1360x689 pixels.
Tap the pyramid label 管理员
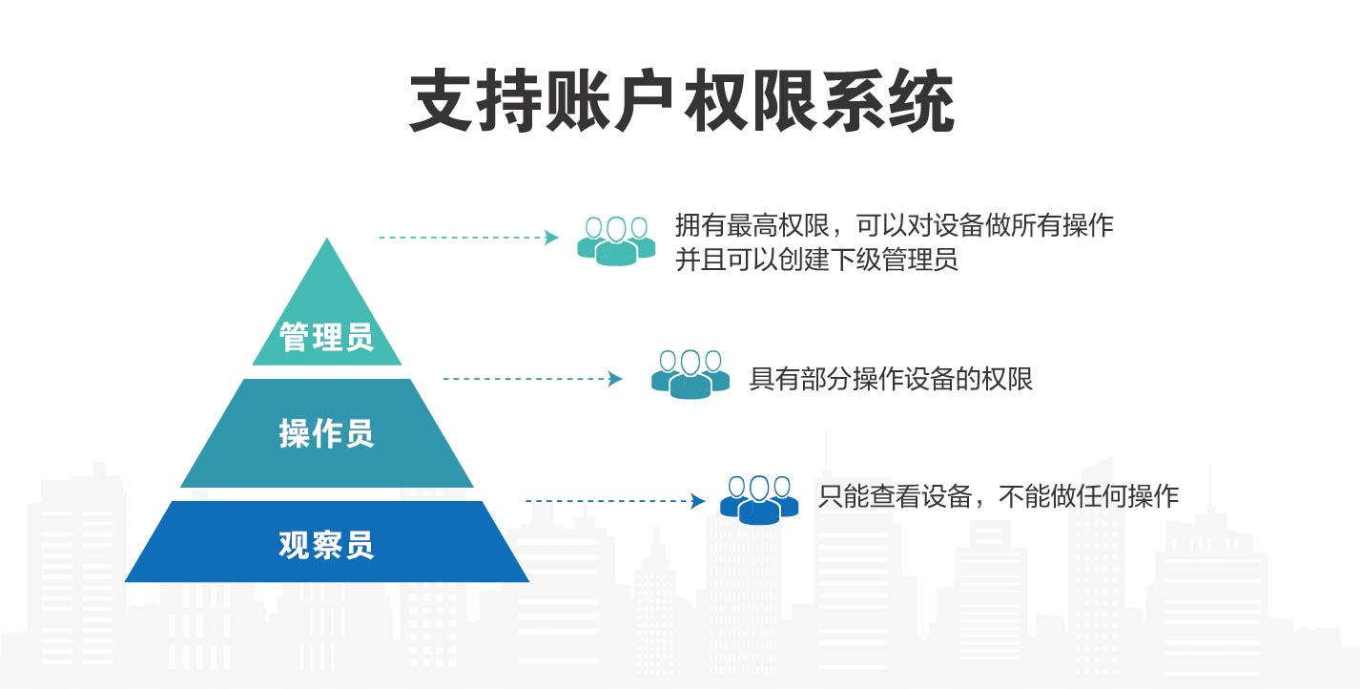pos(326,336)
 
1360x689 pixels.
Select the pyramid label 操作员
pos(326,434)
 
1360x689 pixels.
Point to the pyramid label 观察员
pos(326,545)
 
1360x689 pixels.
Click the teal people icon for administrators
pos(616,240)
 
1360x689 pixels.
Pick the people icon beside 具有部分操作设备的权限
pos(690,374)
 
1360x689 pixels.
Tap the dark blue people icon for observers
pos(758,499)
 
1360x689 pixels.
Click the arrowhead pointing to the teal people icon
pos(551,238)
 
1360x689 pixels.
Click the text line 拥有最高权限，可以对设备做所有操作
pos(894,225)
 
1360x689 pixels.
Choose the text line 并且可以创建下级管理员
pos(816,259)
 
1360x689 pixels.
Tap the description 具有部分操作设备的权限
pos(891,379)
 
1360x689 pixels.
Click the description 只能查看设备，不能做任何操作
pos(999,496)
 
